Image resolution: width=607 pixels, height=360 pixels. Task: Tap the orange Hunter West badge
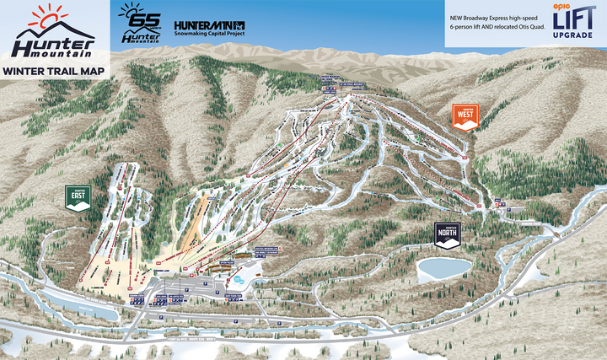(465, 116)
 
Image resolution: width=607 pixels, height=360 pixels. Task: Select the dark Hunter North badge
(447, 234)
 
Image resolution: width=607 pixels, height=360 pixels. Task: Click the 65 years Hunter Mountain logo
(139, 23)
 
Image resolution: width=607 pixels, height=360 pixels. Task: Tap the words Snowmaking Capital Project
(209, 35)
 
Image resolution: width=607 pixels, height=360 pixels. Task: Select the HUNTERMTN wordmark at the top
(209, 24)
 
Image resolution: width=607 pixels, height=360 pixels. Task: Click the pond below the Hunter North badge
(443, 269)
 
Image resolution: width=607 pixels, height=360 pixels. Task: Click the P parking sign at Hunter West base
(498, 201)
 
